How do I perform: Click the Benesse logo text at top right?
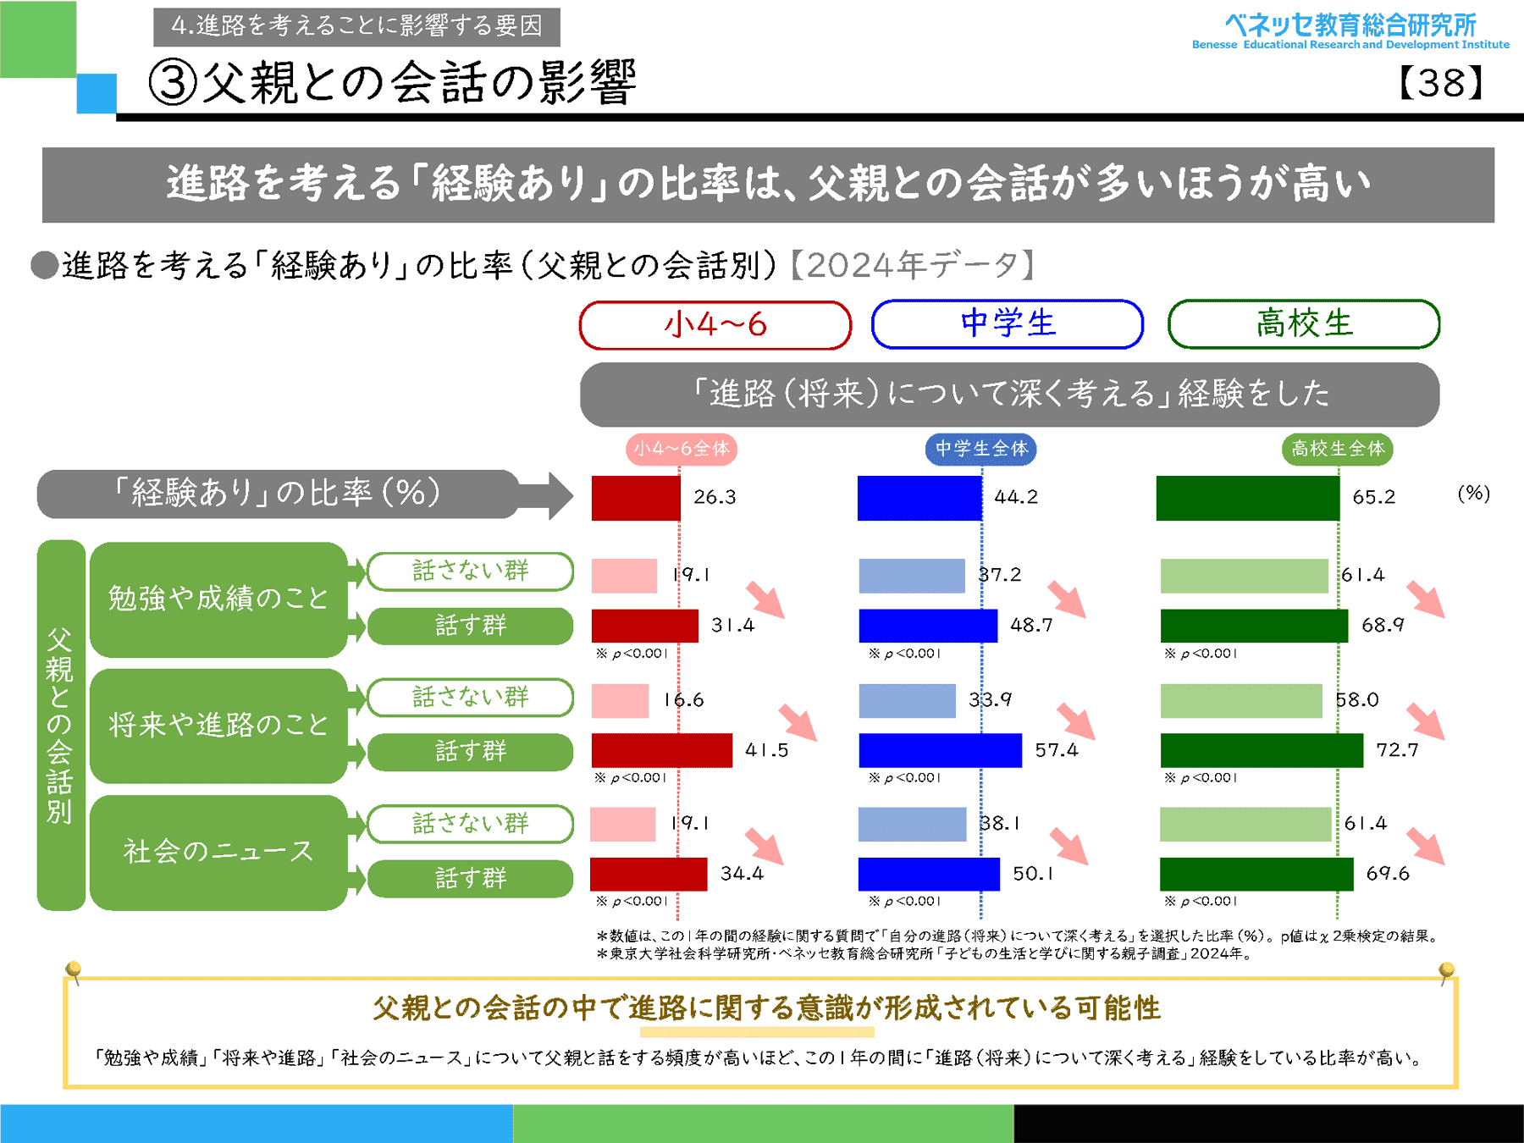(x=1350, y=30)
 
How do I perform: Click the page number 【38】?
(x=1441, y=83)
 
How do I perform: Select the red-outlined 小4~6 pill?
(x=715, y=324)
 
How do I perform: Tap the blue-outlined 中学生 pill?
(x=1007, y=323)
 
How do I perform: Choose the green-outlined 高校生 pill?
(x=1303, y=323)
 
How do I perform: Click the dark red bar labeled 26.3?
(x=635, y=498)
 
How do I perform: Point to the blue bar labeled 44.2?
(x=919, y=498)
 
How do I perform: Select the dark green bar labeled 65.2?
(x=1247, y=498)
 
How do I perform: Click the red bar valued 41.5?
(x=661, y=750)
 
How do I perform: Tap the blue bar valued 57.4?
(x=940, y=750)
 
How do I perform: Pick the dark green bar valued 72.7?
(x=1262, y=750)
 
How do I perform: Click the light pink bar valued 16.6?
(x=620, y=701)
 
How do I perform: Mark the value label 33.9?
(x=990, y=700)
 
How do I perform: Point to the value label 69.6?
(x=1388, y=874)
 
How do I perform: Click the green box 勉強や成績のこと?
(x=218, y=599)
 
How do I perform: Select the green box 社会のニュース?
(x=218, y=851)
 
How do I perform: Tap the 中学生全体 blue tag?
(x=980, y=449)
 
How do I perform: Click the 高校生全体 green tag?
(x=1337, y=449)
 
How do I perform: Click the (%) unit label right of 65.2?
(x=1473, y=494)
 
